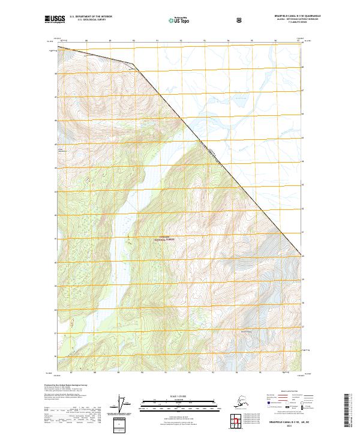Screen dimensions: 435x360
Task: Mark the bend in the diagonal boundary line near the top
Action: coord(133,63)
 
